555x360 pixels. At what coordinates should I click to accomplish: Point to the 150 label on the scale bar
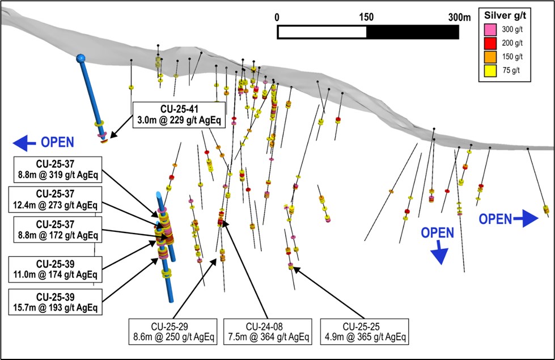click(366, 18)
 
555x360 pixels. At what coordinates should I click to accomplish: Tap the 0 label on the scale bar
click(277, 18)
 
